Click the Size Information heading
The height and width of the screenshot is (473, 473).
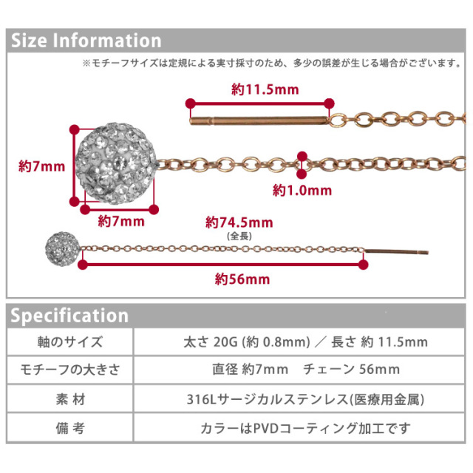(86, 41)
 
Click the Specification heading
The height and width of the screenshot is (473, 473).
(69, 316)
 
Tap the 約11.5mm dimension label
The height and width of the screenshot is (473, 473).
(265, 89)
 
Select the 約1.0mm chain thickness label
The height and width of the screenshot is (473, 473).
(302, 191)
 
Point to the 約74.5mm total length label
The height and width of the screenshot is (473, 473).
(239, 222)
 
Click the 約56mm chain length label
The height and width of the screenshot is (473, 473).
(242, 279)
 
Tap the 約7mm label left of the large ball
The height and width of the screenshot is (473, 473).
(41, 166)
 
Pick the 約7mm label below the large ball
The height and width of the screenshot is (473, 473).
(121, 222)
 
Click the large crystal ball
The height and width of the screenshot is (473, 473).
(116, 163)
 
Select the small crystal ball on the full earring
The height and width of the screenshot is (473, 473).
(63, 249)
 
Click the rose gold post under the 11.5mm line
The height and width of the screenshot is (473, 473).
(259, 120)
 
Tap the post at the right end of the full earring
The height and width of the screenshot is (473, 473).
(396, 251)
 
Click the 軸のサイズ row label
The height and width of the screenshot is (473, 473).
(70, 341)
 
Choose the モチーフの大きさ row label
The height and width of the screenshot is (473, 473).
(70, 370)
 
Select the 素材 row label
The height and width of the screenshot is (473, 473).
(70, 399)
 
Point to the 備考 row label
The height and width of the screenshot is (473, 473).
(70, 428)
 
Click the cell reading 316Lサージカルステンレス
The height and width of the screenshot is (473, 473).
(305, 399)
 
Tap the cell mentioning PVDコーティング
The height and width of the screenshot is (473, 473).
(305, 428)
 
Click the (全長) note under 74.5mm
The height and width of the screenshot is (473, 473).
(239, 236)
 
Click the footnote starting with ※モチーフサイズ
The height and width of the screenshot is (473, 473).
(272, 63)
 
